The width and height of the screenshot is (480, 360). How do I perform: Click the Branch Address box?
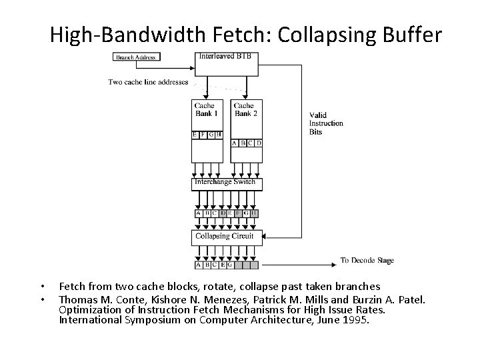(135, 57)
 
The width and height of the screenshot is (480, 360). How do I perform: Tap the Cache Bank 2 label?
(245, 109)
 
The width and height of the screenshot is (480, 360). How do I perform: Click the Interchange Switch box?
(227, 183)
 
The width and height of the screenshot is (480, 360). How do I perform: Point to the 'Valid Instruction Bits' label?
(326, 123)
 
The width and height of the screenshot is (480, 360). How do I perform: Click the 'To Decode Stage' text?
(367, 260)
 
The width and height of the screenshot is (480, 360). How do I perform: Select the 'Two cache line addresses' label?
(148, 83)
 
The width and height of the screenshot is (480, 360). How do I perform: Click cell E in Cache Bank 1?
(195, 135)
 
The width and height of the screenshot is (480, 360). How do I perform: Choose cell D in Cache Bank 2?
(259, 143)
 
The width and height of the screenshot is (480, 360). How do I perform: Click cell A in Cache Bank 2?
(235, 143)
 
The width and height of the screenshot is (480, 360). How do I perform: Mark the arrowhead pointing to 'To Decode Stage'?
(334, 260)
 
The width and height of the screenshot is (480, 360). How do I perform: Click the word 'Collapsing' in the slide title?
(312, 33)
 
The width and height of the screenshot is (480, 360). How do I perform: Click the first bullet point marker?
(41, 287)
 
